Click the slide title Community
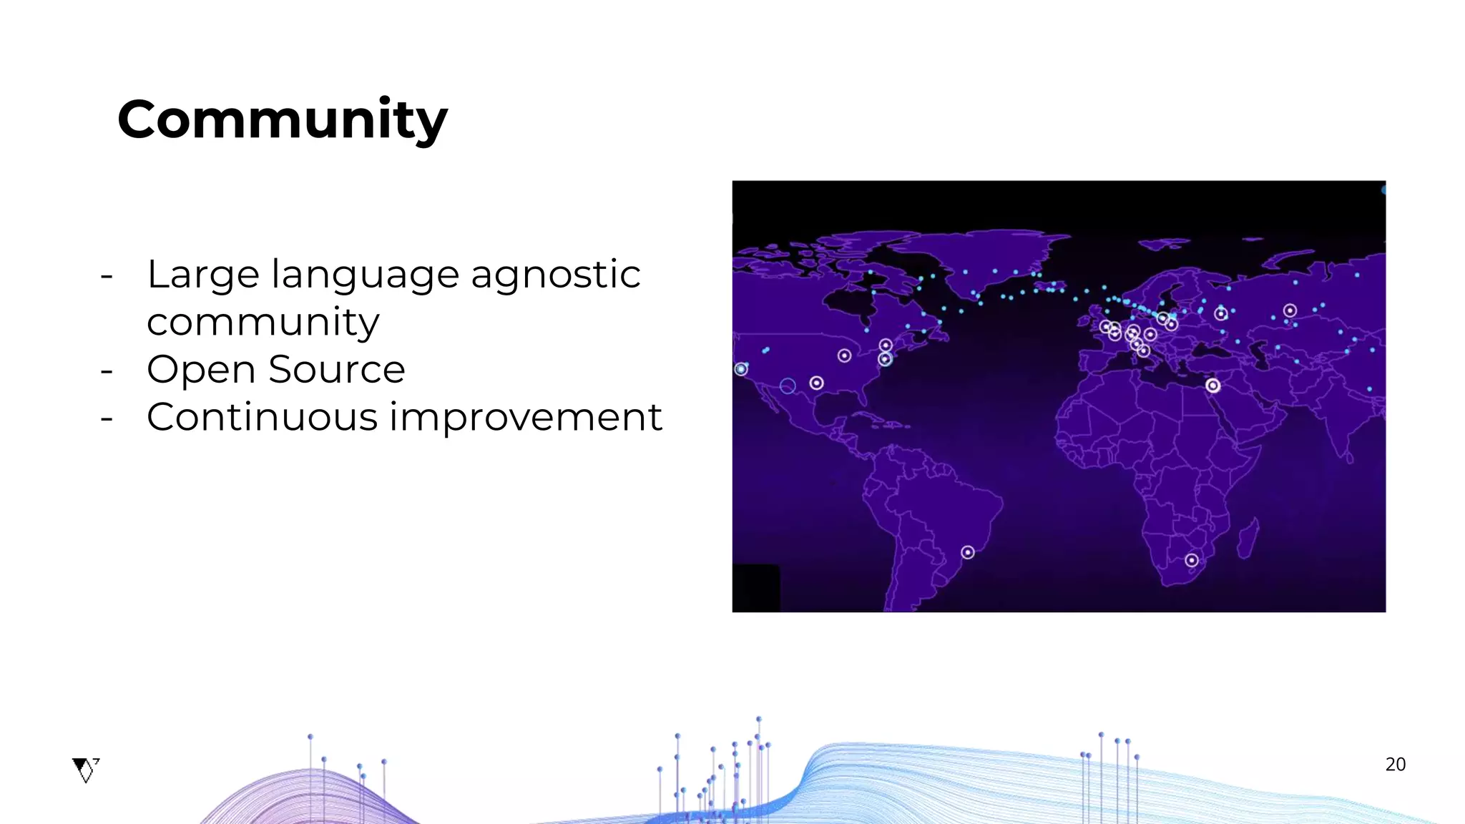point(282,119)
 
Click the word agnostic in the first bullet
point(555,275)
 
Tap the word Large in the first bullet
point(202,275)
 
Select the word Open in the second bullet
point(201,370)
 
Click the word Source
point(336,370)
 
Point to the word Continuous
point(262,417)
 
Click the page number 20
point(1395,765)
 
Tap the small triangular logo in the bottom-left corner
point(86,770)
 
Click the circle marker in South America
point(967,552)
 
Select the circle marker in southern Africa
point(1191,560)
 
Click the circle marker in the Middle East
point(1212,386)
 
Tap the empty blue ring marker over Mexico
point(788,386)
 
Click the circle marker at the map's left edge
point(741,369)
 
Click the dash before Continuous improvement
point(107,418)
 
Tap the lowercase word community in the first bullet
point(263,323)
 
